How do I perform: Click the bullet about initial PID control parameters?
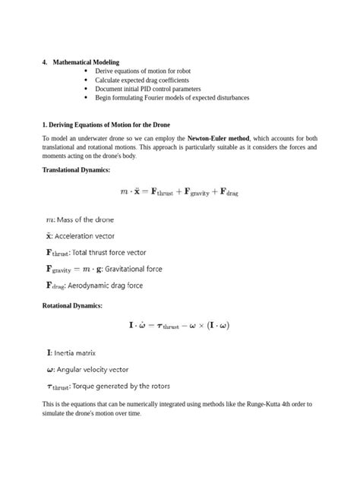(147, 89)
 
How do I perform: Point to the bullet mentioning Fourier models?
(172, 98)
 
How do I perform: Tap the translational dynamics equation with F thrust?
(179, 193)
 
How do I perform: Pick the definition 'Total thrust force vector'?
(106, 252)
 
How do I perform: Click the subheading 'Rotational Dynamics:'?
(72, 305)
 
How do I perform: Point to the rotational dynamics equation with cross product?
(179, 327)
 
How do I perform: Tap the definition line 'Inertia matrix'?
(71, 353)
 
